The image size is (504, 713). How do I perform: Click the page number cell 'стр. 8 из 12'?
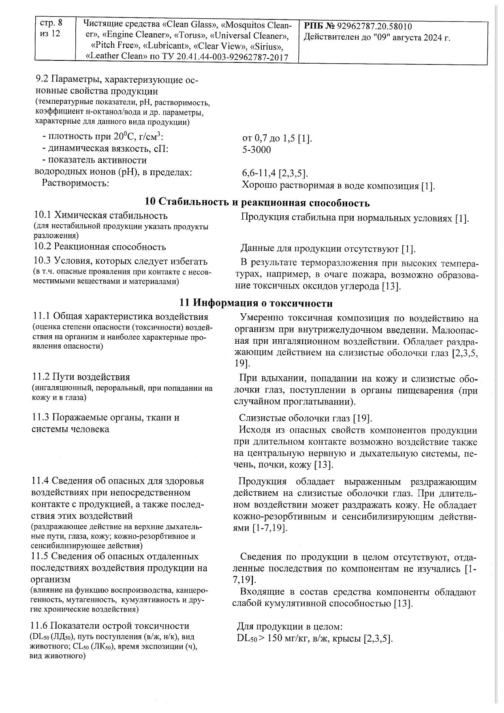(x=51, y=28)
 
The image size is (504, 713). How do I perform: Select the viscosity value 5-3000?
(x=256, y=150)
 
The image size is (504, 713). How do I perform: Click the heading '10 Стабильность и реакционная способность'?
(x=257, y=203)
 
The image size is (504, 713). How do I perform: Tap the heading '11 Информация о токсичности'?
(x=256, y=303)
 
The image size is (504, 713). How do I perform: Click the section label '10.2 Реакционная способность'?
(x=100, y=246)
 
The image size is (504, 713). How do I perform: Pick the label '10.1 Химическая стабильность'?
(x=100, y=215)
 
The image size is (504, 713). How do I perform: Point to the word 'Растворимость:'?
(x=75, y=183)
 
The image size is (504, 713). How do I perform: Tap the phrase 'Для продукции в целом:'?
(x=290, y=627)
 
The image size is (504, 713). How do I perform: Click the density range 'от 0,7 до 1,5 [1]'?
(x=277, y=139)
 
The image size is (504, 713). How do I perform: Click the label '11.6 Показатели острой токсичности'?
(x=110, y=626)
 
